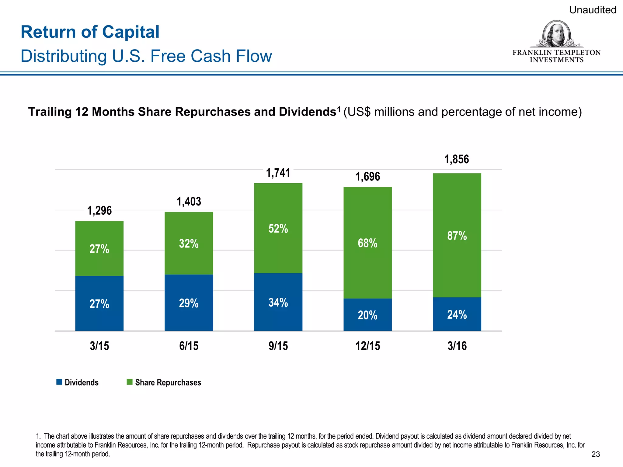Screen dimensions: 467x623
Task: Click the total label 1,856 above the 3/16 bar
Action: (457, 159)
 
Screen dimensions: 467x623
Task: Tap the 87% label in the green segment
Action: (457, 236)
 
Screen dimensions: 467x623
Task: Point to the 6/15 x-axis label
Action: (189, 346)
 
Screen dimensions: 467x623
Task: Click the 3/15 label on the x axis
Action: (99, 346)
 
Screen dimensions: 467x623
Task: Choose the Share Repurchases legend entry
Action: (164, 382)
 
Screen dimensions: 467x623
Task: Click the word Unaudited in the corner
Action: (592, 10)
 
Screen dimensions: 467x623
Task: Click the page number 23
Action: (595, 454)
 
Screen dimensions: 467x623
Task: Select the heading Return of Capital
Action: (90, 32)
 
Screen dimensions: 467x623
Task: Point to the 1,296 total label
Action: (99, 210)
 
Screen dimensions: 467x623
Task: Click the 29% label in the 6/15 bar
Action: (189, 303)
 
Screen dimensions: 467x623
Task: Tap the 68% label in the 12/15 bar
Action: (367, 243)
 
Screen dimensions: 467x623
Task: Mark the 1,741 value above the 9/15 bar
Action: (278, 173)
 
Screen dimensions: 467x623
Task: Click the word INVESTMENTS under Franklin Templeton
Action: (556, 60)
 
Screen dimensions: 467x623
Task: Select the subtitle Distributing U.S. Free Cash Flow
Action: (146, 56)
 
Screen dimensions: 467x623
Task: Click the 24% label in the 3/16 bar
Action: (457, 314)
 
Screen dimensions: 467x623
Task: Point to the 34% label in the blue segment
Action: (278, 303)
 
